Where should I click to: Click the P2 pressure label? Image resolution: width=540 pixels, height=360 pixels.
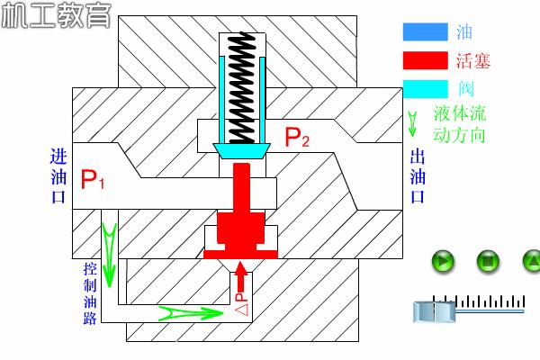(x=297, y=138)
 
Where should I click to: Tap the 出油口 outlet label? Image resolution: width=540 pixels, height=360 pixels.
(x=417, y=175)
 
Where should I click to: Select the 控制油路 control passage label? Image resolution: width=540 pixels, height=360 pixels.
(x=90, y=293)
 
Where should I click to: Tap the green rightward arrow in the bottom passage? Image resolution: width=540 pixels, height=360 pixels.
(x=190, y=312)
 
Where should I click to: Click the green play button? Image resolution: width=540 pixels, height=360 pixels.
(x=443, y=262)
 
